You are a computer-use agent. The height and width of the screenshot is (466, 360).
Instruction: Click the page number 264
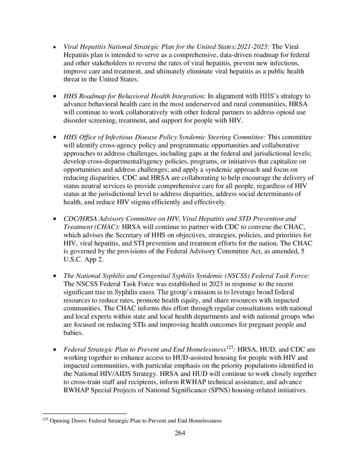coord(180,433)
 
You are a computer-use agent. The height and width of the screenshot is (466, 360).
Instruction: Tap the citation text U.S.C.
coord(73,260)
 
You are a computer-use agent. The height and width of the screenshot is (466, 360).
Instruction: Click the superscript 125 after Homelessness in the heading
coord(230,348)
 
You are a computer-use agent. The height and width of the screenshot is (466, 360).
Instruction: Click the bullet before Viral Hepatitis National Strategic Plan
coord(55,47)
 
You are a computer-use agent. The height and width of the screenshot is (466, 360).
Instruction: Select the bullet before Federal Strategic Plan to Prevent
coord(55,350)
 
